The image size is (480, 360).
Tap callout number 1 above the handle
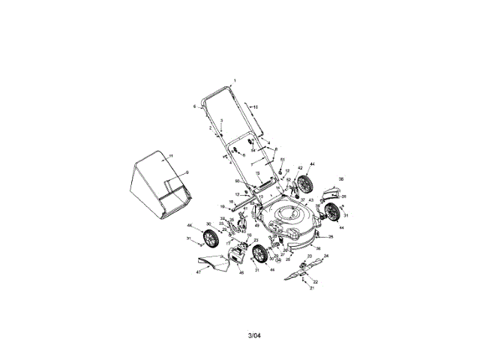234,79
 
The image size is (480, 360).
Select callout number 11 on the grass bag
171,156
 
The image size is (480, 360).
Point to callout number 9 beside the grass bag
187,172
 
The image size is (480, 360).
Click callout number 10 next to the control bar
256,108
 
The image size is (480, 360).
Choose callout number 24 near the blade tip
326,255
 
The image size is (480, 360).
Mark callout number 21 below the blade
313,289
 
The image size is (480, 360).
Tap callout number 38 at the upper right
341,180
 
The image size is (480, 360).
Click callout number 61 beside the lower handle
283,160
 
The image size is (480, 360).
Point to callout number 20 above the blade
309,256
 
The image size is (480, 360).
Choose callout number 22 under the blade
316,281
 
